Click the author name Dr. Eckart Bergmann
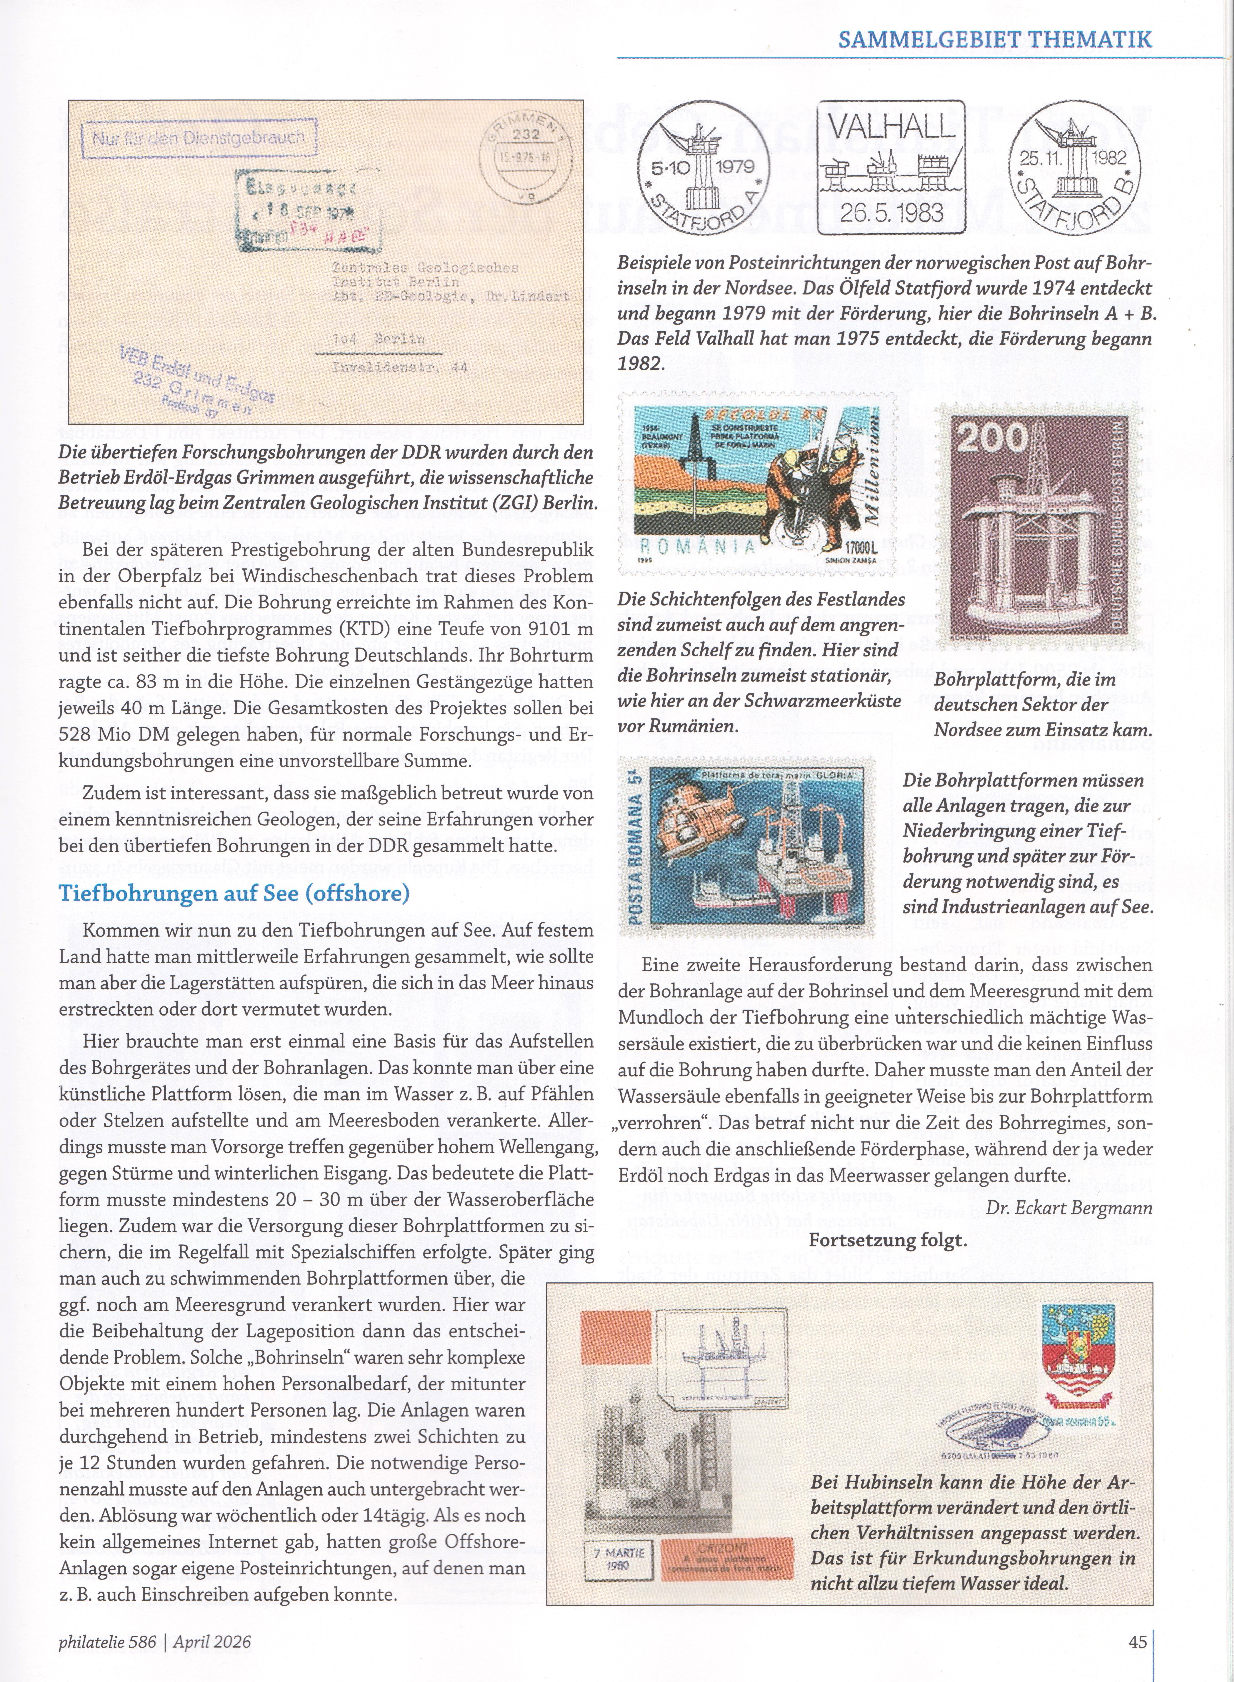[1069, 1208]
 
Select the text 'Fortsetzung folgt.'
[887, 1241]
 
